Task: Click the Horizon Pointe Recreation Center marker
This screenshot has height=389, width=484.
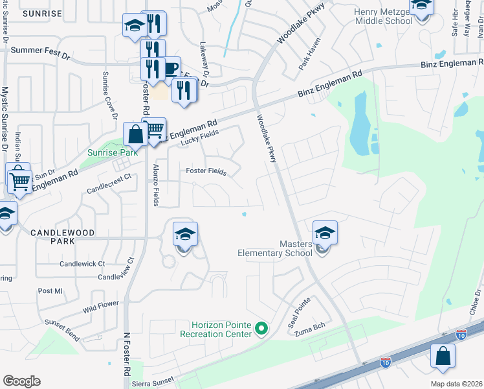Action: (261, 329)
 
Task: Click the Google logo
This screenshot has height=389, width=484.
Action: (21, 381)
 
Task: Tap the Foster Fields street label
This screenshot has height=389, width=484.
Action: (206, 172)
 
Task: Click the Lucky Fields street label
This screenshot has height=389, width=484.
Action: (201, 136)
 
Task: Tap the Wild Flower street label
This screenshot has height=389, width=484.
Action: (101, 307)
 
